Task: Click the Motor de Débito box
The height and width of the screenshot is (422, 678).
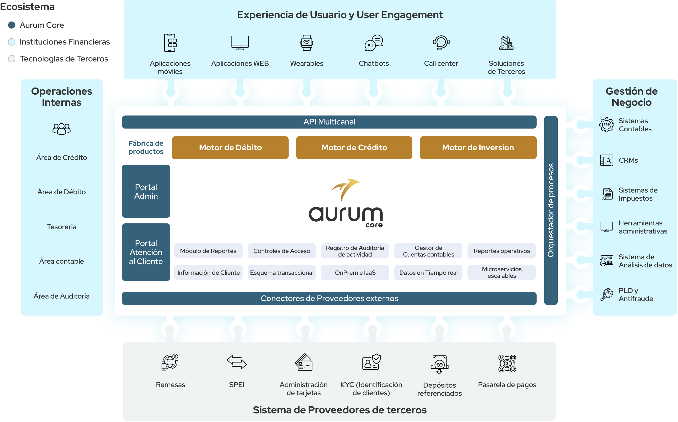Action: tap(230, 148)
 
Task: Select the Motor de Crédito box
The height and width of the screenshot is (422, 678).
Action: tap(354, 148)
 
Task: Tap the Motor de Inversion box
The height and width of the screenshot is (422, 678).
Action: tap(478, 148)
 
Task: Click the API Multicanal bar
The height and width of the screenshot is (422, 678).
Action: tap(329, 122)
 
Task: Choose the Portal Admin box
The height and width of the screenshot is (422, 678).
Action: tap(146, 192)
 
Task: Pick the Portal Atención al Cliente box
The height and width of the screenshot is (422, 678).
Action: tap(146, 252)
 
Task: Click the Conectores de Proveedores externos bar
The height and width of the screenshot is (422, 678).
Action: tap(329, 298)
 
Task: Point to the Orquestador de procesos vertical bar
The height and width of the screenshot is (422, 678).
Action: tap(551, 210)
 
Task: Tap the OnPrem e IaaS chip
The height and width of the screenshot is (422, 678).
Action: tap(355, 273)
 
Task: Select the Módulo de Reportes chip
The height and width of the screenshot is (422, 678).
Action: tap(208, 251)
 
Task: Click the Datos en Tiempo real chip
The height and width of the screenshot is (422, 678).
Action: tap(428, 273)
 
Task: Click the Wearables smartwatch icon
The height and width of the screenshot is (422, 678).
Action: tap(307, 43)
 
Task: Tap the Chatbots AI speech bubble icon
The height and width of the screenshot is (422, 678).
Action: tap(373, 43)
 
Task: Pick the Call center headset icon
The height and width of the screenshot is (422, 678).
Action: tap(441, 43)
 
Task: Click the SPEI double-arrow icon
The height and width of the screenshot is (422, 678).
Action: tap(237, 362)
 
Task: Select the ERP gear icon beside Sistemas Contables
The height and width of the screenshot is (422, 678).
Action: tap(606, 125)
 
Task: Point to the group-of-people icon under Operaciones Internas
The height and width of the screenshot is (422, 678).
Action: tap(62, 129)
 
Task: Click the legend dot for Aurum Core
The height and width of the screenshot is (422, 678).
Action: tap(12, 25)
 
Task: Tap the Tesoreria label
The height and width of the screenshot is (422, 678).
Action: tap(62, 227)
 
